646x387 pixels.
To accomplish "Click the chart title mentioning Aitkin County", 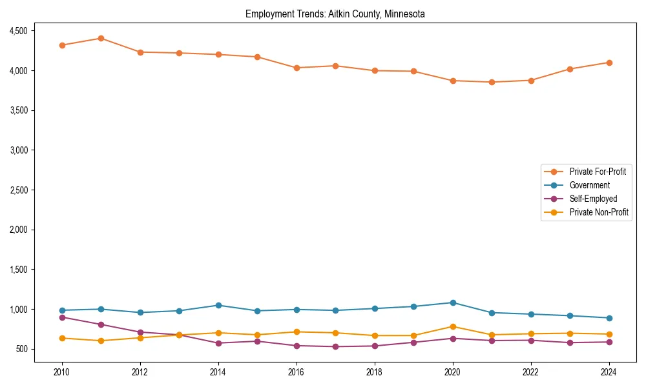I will pos(335,14).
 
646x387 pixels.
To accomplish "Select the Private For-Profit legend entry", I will pos(597,172).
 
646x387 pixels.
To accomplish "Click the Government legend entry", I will pos(589,185).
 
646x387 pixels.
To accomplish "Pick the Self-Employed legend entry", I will pos(593,199).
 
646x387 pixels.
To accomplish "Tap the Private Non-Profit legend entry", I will pos(599,212).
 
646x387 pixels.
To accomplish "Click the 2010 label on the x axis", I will pos(62,372).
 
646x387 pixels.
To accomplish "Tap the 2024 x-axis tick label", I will pos(609,372).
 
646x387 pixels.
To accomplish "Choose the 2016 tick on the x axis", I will pos(296,372).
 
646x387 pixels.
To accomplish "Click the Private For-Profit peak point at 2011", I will pos(101,38).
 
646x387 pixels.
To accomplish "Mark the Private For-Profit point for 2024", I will pos(609,63).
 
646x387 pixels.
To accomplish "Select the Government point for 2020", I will pos(452,303).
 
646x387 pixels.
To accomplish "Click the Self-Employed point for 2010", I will pos(62,317).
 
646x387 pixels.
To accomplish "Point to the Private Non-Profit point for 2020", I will pos(452,326).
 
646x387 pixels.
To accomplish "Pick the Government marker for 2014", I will pos(218,305).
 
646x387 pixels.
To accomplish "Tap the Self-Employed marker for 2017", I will pos(335,347).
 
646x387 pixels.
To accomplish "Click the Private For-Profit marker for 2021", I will pos(492,82).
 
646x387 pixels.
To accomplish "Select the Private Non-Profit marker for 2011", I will pos(101,341).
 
